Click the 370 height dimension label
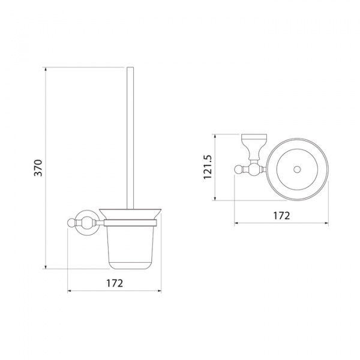pos(38,168)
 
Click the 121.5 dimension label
pos(208,167)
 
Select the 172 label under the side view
pos(115,283)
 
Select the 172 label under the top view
pos(281,215)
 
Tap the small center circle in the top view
pos(297,170)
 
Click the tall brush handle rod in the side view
pos(130,138)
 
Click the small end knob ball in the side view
pos(71,223)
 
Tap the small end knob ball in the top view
pos(238,170)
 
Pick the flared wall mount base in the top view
pos(254,146)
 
